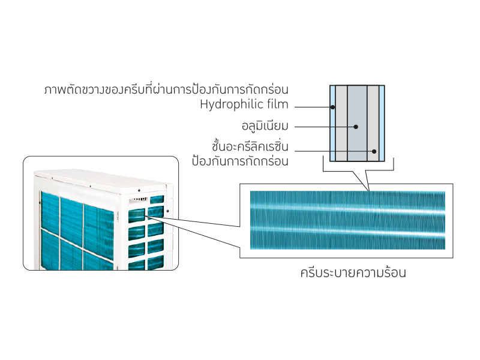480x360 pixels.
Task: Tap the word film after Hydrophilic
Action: pos(278,104)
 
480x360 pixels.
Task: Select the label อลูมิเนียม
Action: pos(265,126)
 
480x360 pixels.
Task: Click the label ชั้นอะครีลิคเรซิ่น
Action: pos(250,146)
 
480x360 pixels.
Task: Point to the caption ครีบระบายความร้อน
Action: pos(353,272)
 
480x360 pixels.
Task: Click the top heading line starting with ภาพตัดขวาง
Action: pos(166,89)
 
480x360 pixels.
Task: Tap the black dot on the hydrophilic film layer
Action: pos(333,107)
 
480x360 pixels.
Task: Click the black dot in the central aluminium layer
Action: pos(356,127)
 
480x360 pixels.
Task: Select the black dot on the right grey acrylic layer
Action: pos(374,151)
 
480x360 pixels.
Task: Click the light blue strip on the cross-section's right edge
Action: pos(382,124)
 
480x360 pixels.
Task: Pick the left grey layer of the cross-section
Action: pos(341,124)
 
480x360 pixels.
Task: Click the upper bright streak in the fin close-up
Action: pos(347,209)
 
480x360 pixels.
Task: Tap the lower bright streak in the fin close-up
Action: pos(347,230)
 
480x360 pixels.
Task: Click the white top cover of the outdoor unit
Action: pos(101,181)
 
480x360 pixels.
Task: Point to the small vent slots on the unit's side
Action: pos(138,200)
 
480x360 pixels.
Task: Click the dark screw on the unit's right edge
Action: pos(168,211)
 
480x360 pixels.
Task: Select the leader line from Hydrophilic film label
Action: pos(313,107)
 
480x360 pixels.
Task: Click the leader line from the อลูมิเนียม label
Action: pos(325,127)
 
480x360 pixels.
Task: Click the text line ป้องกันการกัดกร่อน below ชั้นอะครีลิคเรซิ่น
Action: pos(241,161)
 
